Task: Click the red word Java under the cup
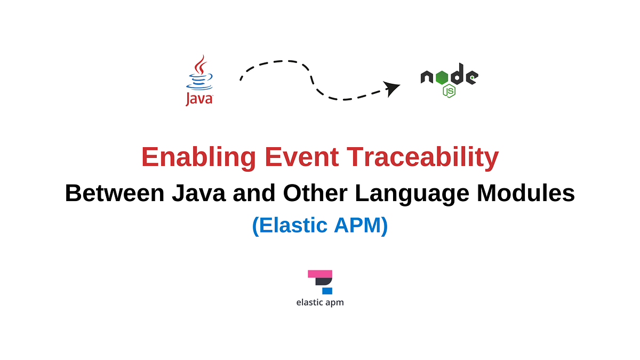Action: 198,99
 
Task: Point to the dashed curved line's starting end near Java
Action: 242,78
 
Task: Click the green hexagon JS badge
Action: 449,91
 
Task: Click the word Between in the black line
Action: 114,193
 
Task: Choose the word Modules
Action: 526,193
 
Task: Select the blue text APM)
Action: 360,226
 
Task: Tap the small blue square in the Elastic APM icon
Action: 327,291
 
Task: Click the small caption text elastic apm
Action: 320,302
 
